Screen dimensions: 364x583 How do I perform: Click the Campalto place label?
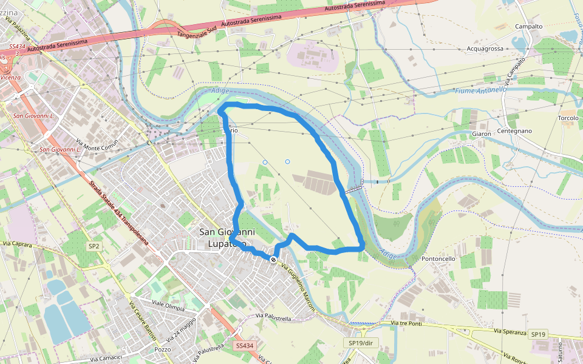point(528,27)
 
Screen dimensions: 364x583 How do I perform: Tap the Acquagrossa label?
point(485,49)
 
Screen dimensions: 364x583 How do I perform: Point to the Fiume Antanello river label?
point(480,90)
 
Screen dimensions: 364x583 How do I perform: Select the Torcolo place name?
point(568,118)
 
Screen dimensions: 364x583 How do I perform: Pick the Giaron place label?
point(481,133)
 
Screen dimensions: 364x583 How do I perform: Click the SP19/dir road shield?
point(363,343)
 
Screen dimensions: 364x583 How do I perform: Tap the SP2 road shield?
point(94,246)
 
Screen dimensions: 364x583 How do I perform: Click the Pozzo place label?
point(163,350)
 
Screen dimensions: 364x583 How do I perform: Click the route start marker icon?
point(274,260)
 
